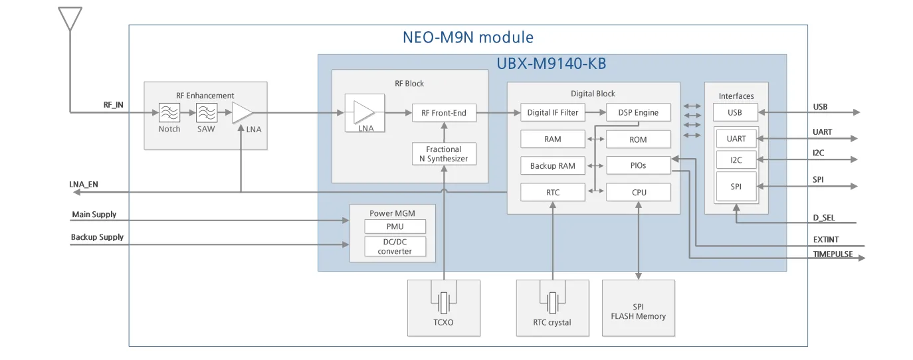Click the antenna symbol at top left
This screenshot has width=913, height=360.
70,19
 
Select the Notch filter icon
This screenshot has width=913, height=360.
169,113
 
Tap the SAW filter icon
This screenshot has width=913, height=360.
207,113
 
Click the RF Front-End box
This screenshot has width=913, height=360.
444,113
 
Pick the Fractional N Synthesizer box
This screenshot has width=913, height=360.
444,154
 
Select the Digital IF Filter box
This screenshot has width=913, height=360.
553,113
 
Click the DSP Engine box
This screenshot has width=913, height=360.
638,113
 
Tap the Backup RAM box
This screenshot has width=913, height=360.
553,166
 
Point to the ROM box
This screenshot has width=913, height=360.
638,139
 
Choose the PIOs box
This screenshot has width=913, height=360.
638,166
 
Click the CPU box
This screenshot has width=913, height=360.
638,193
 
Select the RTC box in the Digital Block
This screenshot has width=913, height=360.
553,193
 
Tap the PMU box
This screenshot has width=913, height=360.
395,226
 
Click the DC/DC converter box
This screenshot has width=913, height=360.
395,247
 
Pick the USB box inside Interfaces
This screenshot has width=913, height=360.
735,113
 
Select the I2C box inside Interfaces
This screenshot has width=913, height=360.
736,160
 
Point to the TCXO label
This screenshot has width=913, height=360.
443,323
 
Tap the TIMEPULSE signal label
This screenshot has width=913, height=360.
833,254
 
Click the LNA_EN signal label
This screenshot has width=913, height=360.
84,184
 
